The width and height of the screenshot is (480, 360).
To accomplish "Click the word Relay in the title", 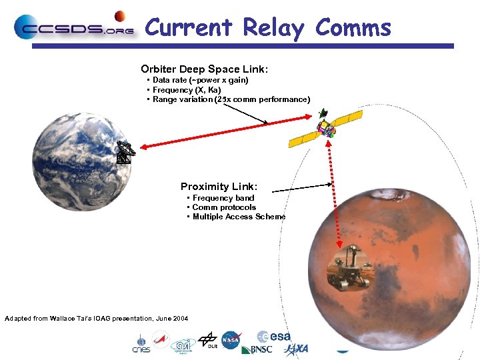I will pyautogui.click(x=273, y=28).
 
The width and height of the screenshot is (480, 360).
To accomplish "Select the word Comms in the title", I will pyautogui.click(x=353, y=28).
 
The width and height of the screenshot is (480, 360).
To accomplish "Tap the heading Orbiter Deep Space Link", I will pyautogui.click(x=205, y=69).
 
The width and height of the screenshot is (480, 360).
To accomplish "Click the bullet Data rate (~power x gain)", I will pyautogui.click(x=200, y=80).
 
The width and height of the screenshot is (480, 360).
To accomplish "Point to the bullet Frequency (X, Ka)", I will pyautogui.click(x=187, y=90).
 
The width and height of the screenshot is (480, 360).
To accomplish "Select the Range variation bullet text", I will pyautogui.click(x=231, y=99).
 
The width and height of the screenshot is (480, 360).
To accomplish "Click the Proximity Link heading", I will pyautogui.click(x=219, y=187).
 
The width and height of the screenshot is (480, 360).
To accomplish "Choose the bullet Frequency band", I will pyautogui.click(x=223, y=198).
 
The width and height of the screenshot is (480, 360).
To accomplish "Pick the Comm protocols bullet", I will pyautogui.click(x=223, y=207).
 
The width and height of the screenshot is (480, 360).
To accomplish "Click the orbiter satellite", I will pyautogui.click(x=326, y=129).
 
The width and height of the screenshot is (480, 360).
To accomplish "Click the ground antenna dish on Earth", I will pyautogui.click(x=125, y=153).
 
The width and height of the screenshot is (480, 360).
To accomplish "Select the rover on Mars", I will pyautogui.click(x=348, y=268).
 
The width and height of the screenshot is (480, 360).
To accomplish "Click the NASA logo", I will pyautogui.click(x=231, y=340).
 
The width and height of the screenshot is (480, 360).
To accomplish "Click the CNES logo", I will pyautogui.click(x=141, y=343).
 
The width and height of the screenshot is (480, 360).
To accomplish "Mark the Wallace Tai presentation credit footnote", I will pyautogui.click(x=96, y=319).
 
